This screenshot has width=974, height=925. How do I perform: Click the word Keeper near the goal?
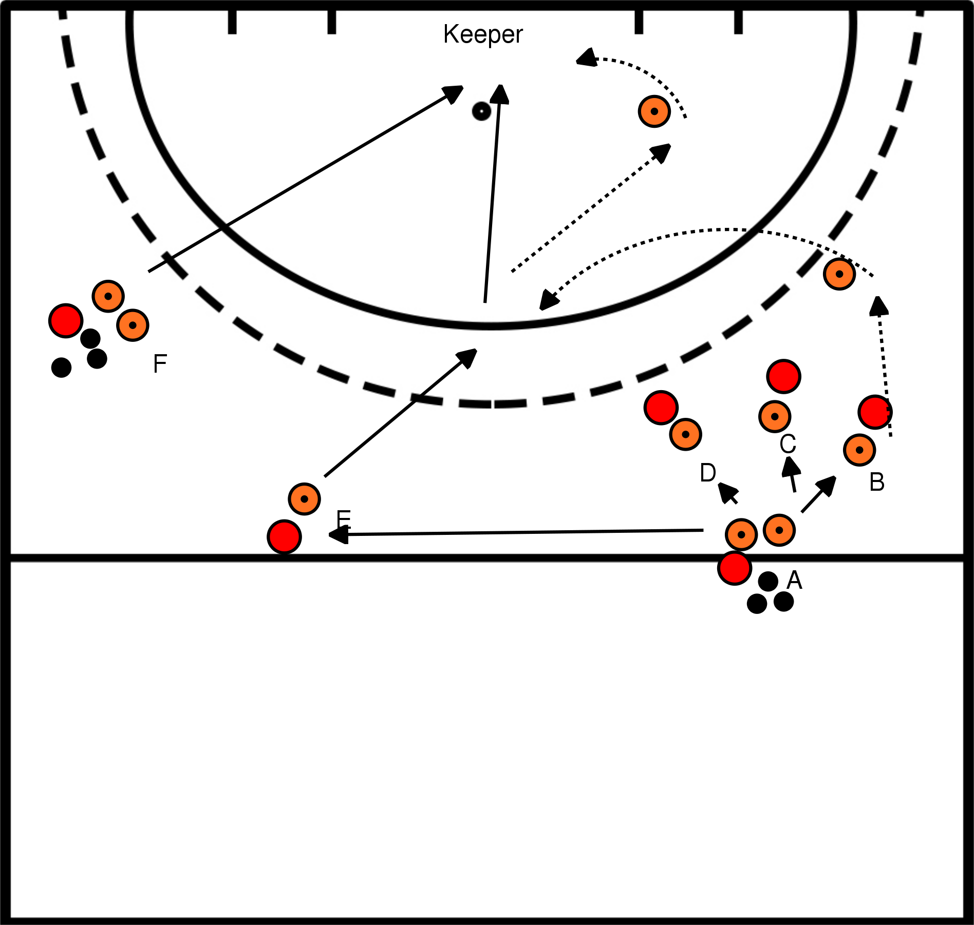point(482,35)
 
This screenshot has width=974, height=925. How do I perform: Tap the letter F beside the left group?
point(160,363)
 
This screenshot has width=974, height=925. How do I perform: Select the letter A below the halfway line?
point(794,580)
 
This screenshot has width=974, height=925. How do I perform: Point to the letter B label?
point(877,482)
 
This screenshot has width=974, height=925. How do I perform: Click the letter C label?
point(788,444)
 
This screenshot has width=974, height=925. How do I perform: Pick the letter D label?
point(708,473)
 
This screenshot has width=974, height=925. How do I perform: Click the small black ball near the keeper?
point(481,111)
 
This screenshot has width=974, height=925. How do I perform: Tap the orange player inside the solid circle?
point(654,111)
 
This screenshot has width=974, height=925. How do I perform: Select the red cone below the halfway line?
point(735,568)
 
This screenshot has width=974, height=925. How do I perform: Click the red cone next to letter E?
point(284,536)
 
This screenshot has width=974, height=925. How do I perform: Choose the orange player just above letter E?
point(305,498)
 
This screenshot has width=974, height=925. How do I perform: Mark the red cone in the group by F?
point(66,321)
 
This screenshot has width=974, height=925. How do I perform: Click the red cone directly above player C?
point(783,376)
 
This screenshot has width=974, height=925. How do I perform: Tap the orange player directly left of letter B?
point(859,450)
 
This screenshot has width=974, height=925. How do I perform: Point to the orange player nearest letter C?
point(774,416)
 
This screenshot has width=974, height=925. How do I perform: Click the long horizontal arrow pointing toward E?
point(514,533)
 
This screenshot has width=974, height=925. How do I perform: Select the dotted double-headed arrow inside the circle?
point(591,207)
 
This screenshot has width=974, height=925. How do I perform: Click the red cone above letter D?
point(661,408)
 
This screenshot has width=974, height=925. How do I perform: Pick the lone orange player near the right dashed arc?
point(839,274)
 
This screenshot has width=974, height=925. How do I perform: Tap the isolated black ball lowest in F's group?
point(62,367)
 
